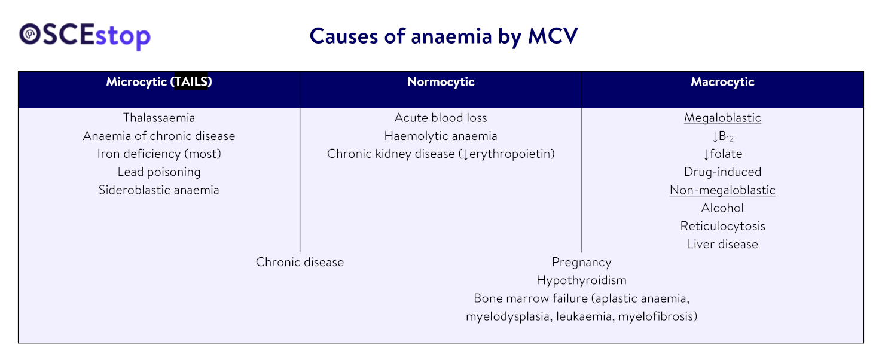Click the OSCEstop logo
pos(85,36)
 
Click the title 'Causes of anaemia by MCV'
pos(443,36)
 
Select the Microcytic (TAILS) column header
pos(159,82)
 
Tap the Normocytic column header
pos(441,82)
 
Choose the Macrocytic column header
pos(722,82)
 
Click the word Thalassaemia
pos(159,118)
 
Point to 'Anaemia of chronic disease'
pos(159,136)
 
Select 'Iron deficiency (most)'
pos(159,154)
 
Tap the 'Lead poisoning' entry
pos(159,172)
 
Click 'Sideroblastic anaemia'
pos(159,190)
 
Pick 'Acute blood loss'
pos(441,118)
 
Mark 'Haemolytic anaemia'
pos(441,136)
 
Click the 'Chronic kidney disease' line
pos(441,154)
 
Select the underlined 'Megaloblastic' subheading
pos(722,118)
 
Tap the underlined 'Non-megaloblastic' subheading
pos(722,190)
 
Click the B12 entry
pos(722,136)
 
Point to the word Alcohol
pos(722,208)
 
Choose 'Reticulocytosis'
pos(722,226)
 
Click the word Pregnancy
pos(581,262)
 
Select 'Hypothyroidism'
pos(581,280)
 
